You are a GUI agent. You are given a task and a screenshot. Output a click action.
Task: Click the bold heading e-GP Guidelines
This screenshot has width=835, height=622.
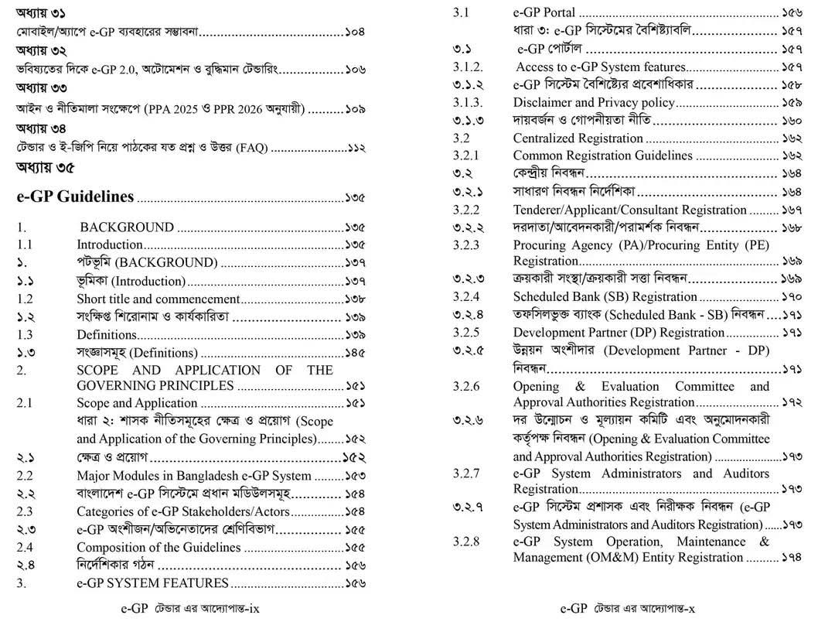[75, 197]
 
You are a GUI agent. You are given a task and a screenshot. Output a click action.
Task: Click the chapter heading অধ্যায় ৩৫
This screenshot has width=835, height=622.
[46, 168]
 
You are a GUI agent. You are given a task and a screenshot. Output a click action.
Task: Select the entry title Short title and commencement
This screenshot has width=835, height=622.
[158, 299]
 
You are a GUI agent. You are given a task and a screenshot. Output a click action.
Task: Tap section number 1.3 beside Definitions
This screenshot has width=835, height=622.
[25, 335]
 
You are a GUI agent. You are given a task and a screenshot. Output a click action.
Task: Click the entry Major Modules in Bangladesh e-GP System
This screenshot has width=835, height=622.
[194, 476]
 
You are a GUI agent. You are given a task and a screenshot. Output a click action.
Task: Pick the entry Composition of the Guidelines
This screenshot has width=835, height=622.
[158, 547]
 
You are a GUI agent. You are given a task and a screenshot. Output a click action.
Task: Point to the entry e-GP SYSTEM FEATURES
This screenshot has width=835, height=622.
[152, 583]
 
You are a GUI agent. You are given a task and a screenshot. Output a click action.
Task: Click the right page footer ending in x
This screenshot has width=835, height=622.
[627, 608]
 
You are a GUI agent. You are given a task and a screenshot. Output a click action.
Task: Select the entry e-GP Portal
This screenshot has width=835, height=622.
[544, 12]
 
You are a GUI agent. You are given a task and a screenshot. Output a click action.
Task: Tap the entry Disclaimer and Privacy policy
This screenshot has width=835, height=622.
[594, 102]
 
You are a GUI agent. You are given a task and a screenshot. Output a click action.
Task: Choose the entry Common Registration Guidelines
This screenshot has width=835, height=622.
[602, 155]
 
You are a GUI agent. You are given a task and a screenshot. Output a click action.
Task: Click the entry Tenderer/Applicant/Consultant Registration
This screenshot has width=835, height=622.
[629, 210]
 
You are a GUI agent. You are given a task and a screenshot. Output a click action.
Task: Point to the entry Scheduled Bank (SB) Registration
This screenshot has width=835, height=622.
[605, 296]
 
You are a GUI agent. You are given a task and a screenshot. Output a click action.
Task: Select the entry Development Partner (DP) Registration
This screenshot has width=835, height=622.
[619, 333]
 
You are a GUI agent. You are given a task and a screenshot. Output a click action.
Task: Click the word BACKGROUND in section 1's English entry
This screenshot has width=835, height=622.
[127, 227]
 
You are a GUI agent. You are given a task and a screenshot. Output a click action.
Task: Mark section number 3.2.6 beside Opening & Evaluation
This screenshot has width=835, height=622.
[466, 386]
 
